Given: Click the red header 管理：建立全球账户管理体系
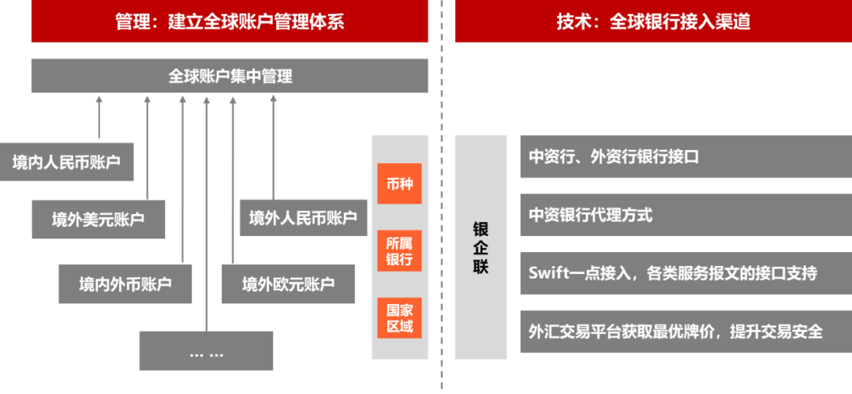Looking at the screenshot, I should [230, 21].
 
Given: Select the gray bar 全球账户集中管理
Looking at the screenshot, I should [230, 76].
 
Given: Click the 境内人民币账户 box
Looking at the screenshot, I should [66, 163].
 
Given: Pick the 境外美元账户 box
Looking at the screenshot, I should [99, 219].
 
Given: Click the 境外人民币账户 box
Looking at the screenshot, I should [303, 217].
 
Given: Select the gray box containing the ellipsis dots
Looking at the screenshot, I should [206, 351].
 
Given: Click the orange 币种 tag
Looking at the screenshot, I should [399, 184].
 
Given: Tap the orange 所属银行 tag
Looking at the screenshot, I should [399, 250].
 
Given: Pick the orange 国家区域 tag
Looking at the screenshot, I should [399, 317].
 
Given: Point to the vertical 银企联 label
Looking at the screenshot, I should [481, 247].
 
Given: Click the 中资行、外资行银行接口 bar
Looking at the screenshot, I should [686, 156].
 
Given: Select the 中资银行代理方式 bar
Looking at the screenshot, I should [686, 215].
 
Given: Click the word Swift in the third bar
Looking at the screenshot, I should [547, 273].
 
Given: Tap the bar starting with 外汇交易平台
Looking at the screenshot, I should [686, 332].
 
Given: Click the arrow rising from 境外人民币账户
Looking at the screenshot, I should [273, 146].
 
